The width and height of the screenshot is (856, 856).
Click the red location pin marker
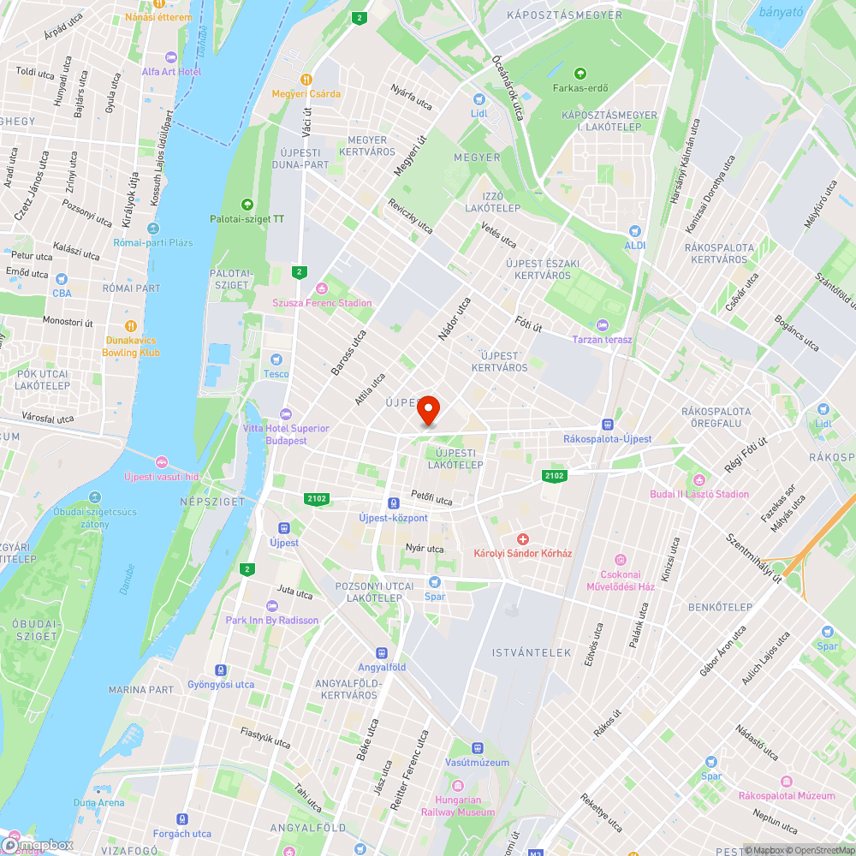[x=428, y=410]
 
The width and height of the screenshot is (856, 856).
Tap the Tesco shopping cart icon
[x=276, y=360]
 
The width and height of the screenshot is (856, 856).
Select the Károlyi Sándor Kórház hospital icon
[x=523, y=538]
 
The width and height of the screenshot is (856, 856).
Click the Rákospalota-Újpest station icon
[x=608, y=424]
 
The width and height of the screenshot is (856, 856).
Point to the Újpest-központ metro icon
[x=393, y=503]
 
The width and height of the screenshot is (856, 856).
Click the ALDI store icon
[x=634, y=230]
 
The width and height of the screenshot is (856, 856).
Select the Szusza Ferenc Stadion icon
[x=322, y=288]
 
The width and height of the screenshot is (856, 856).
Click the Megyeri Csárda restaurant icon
[x=306, y=79]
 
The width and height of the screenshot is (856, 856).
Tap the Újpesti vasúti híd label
[x=162, y=476]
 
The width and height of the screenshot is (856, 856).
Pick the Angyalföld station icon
[x=382, y=652]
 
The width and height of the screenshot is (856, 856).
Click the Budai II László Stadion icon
[x=699, y=479]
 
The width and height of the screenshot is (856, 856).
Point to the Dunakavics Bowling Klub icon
[x=131, y=325]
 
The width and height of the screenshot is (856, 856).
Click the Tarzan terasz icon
[x=602, y=325]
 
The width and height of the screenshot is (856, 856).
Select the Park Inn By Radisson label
[x=272, y=620]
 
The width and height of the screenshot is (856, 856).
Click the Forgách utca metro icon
[x=181, y=819]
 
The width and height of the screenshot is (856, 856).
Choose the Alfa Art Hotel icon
[x=170, y=57]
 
